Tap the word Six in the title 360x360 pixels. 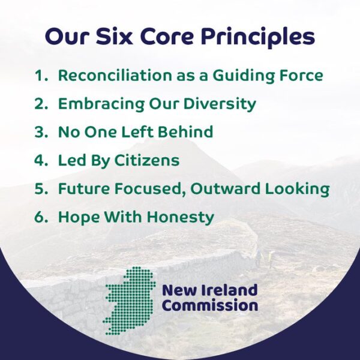pos(115,36)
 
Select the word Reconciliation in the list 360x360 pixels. pos(115,75)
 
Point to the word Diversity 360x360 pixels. pos(220,104)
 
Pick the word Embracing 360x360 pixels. pos(101,104)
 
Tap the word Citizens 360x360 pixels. pos(146,160)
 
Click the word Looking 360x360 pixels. pos(298,189)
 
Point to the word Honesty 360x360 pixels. pos(181,217)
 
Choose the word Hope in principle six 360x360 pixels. pos(79,217)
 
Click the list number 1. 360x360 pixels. pos(41,76)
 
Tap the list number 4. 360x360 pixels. pos(41,160)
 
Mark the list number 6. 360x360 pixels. pos(41,217)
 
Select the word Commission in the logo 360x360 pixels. pos(210,306)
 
